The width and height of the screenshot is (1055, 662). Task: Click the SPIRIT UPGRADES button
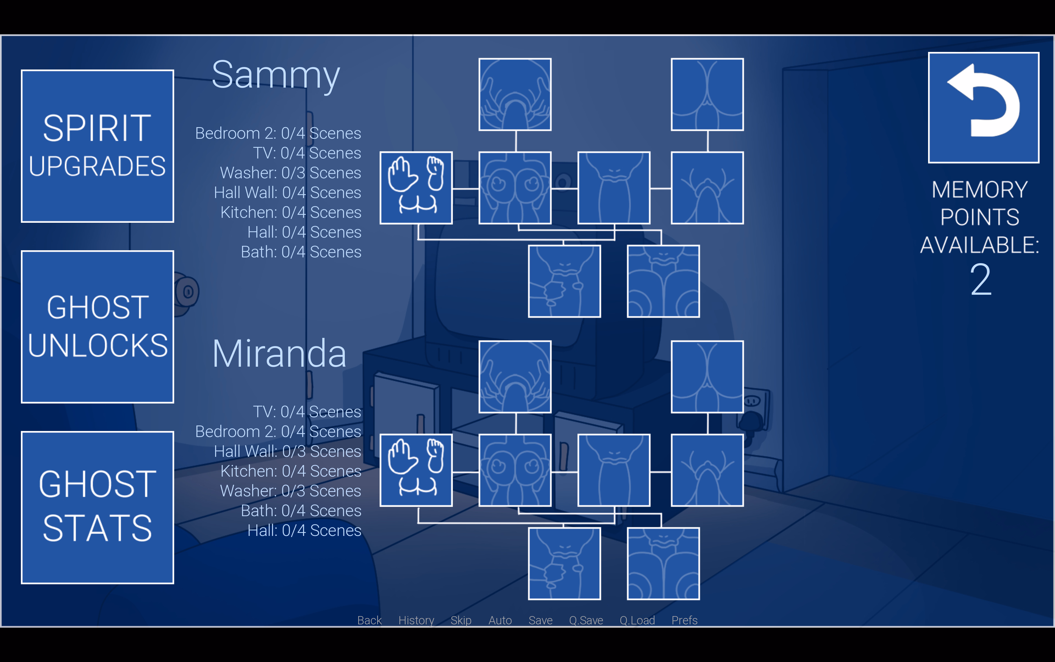pyautogui.click(x=97, y=146)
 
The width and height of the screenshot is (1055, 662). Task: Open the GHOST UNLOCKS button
pyautogui.click(x=97, y=327)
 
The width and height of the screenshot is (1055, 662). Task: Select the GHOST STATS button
pyautogui.click(x=97, y=507)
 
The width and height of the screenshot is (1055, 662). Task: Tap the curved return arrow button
pyautogui.click(x=983, y=107)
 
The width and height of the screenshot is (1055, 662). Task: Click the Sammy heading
pyautogui.click(x=276, y=75)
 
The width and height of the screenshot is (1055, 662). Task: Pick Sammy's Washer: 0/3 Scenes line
pyautogui.click(x=290, y=173)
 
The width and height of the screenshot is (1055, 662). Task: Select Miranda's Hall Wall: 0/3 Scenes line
pyautogui.click(x=287, y=451)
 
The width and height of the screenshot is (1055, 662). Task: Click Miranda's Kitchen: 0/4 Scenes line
pyautogui.click(x=291, y=471)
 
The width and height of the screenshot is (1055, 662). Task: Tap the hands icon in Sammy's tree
pyautogui.click(x=416, y=188)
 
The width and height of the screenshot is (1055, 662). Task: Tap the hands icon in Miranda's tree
pyautogui.click(x=416, y=470)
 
